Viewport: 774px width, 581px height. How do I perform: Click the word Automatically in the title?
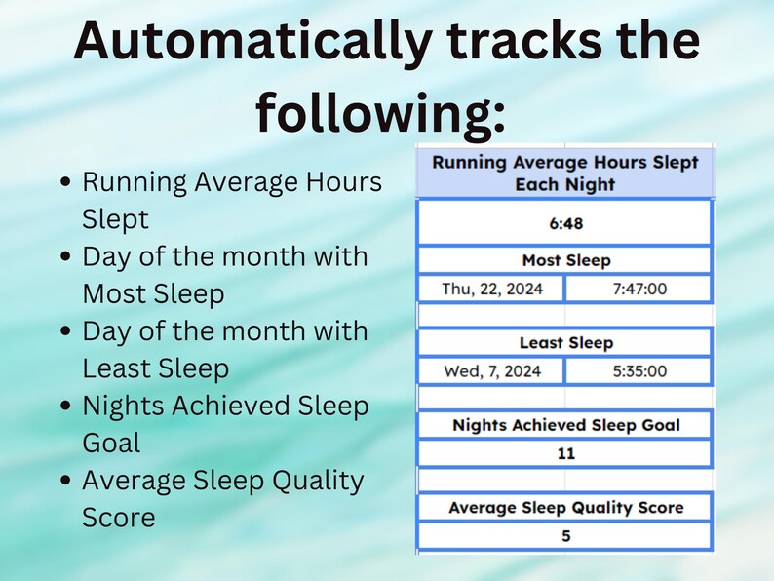(x=252, y=42)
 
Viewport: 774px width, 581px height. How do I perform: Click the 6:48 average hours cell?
(x=564, y=223)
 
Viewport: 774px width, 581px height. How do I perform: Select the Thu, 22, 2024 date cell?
(x=490, y=289)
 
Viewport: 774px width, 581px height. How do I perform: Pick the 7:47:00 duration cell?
(x=639, y=289)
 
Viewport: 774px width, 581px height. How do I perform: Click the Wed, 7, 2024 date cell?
(x=490, y=371)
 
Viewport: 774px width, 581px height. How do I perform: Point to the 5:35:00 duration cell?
(x=639, y=371)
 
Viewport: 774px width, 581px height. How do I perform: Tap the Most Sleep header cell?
(x=564, y=260)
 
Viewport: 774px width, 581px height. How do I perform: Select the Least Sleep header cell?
(x=564, y=343)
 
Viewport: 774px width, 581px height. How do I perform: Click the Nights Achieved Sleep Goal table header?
(x=564, y=425)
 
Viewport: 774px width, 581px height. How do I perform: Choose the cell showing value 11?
(x=564, y=453)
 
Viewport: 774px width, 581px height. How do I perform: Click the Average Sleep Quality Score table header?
(x=564, y=507)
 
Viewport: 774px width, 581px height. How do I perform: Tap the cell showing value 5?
(x=564, y=535)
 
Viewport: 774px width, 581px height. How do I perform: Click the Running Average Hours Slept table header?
(x=564, y=173)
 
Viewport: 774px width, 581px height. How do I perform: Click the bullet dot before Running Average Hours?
(x=65, y=182)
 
